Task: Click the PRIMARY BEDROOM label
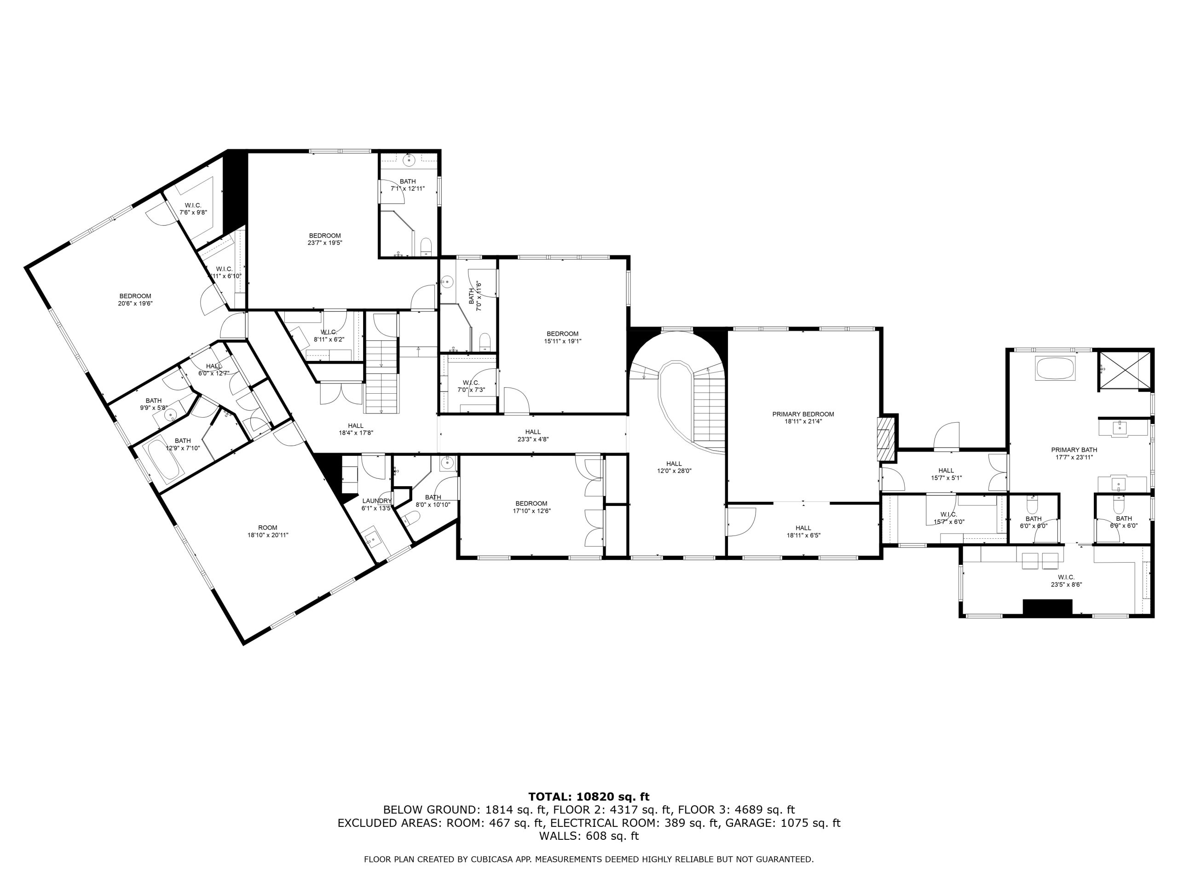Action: [803, 417]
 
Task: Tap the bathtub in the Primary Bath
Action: [1056, 368]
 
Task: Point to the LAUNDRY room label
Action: [376, 504]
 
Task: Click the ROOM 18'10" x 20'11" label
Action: [268, 531]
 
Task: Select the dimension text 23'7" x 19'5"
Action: [325, 243]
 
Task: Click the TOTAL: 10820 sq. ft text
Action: [589, 797]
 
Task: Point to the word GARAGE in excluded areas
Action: [754, 823]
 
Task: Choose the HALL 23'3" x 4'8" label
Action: [532, 436]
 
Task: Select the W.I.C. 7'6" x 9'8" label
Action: [193, 209]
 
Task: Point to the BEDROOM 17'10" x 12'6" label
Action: [531, 507]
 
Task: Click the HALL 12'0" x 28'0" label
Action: [674, 467]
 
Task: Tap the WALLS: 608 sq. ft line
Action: [589, 836]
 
